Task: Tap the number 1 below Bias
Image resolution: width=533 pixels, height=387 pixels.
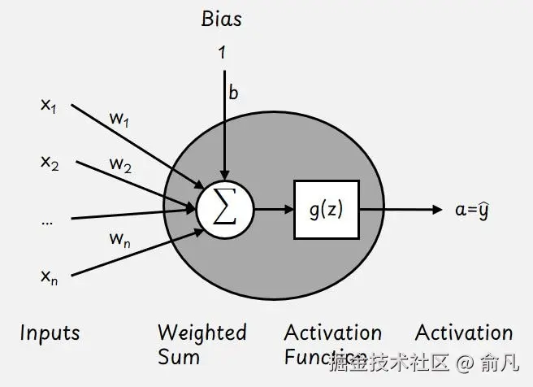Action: pos(221,54)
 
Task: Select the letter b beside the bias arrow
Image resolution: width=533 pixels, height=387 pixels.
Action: pos(234,93)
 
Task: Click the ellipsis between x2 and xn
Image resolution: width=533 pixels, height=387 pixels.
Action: pos(47,220)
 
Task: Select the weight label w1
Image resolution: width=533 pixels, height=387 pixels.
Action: pos(119,119)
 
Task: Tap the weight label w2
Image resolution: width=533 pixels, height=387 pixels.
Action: pos(119,165)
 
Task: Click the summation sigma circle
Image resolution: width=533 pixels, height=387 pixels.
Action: pos(225,209)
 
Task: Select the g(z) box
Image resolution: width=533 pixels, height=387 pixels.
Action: pos(326,209)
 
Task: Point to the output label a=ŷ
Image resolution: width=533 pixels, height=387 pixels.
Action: pos(471,209)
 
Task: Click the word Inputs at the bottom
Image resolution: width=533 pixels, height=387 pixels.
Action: pos(50,333)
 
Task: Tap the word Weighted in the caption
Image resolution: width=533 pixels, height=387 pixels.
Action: pos(201,333)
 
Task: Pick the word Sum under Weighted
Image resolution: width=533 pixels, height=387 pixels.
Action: pos(178,357)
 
